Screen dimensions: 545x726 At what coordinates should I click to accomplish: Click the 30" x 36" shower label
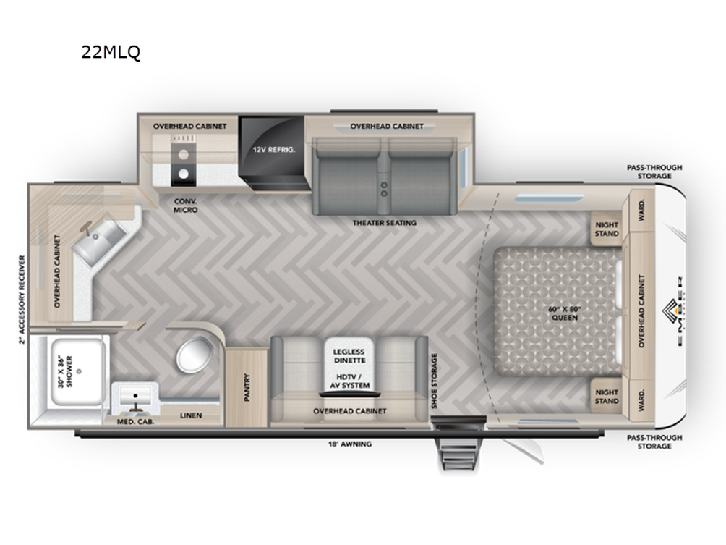(x=65, y=371)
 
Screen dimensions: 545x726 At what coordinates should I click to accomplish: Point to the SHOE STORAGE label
(x=435, y=381)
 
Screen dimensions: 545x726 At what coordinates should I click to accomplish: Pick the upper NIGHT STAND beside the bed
(x=606, y=229)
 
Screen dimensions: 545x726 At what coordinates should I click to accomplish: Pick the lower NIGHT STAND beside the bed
(x=606, y=396)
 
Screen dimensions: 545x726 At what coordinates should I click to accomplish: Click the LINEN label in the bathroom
(x=191, y=415)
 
